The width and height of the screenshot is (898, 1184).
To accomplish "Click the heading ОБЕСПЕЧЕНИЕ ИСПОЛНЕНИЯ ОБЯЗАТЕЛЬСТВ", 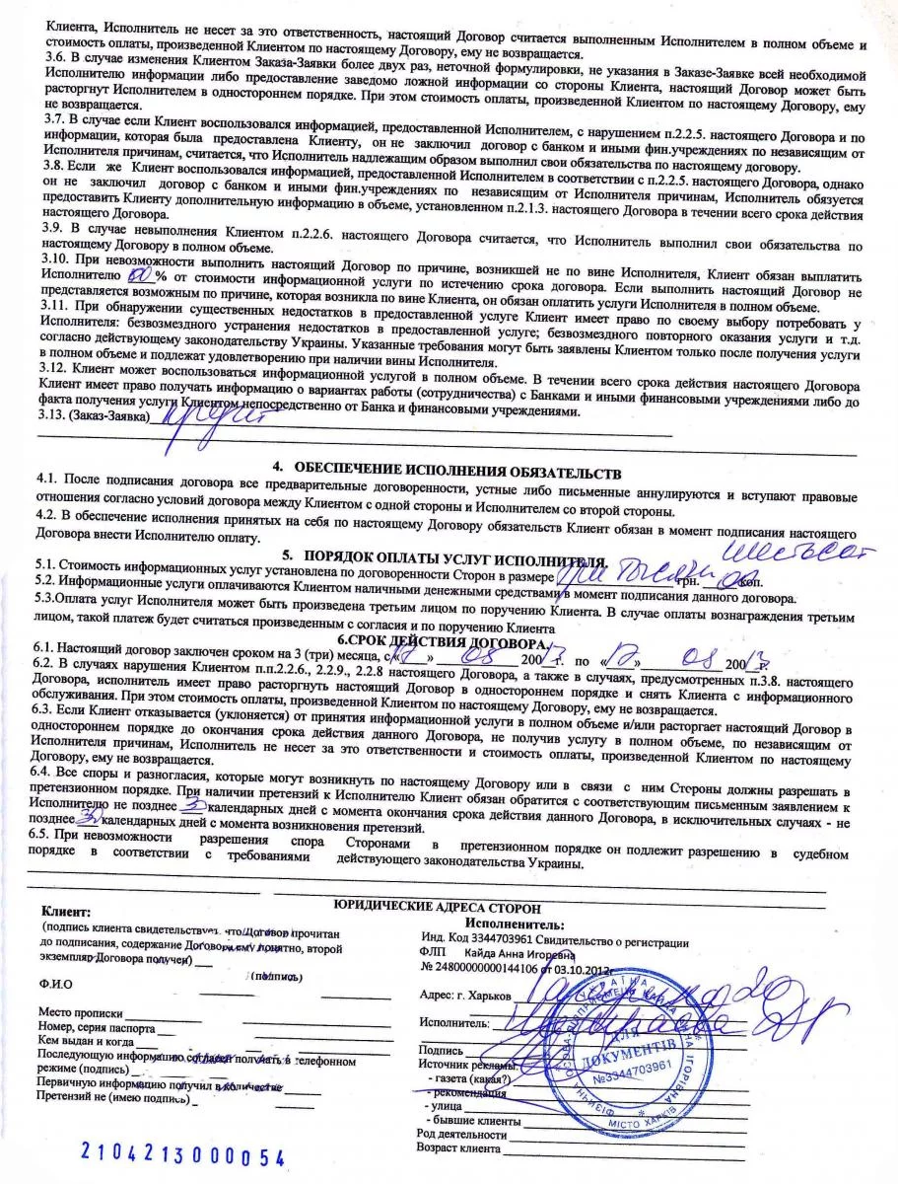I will [x=447, y=464].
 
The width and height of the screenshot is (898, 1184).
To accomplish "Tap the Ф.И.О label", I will [x=55, y=984].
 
